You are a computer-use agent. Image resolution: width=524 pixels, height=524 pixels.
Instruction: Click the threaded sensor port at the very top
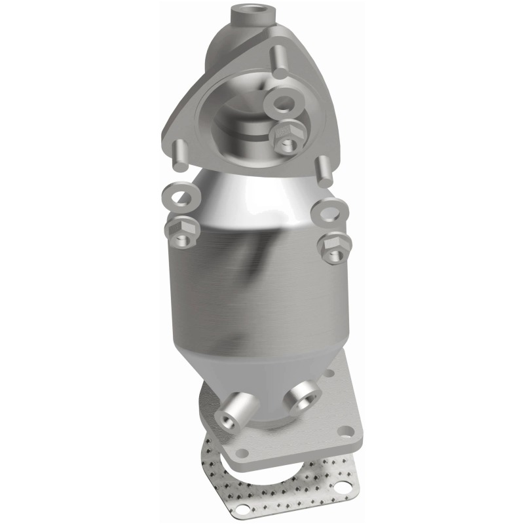[248, 11]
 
